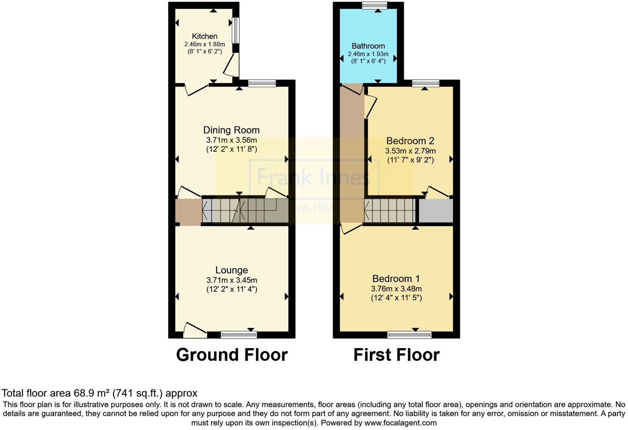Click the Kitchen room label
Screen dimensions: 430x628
tap(205, 36)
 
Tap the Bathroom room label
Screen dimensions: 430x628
tap(368, 46)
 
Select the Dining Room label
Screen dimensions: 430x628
tap(231, 130)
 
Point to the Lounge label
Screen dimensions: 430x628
tap(231, 270)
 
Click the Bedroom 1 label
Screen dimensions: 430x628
tap(396, 279)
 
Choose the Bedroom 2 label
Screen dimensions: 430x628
tap(410, 141)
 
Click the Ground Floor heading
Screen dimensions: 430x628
tap(232, 355)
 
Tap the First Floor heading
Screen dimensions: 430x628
tap(396, 355)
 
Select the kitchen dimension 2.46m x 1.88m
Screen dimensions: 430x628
tap(205, 44)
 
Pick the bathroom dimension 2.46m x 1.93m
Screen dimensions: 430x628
tap(368, 54)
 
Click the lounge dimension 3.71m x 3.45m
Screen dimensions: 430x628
tap(232, 280)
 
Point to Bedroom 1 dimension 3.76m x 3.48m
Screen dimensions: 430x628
tap(396, 289)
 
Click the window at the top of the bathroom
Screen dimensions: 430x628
tap(374, 5)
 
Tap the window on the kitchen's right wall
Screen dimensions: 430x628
tap(235, 30)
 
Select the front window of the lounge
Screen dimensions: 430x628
tap(239, 334)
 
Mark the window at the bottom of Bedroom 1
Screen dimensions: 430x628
tap(409, 334)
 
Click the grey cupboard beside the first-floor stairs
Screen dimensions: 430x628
tap(436, 211)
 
